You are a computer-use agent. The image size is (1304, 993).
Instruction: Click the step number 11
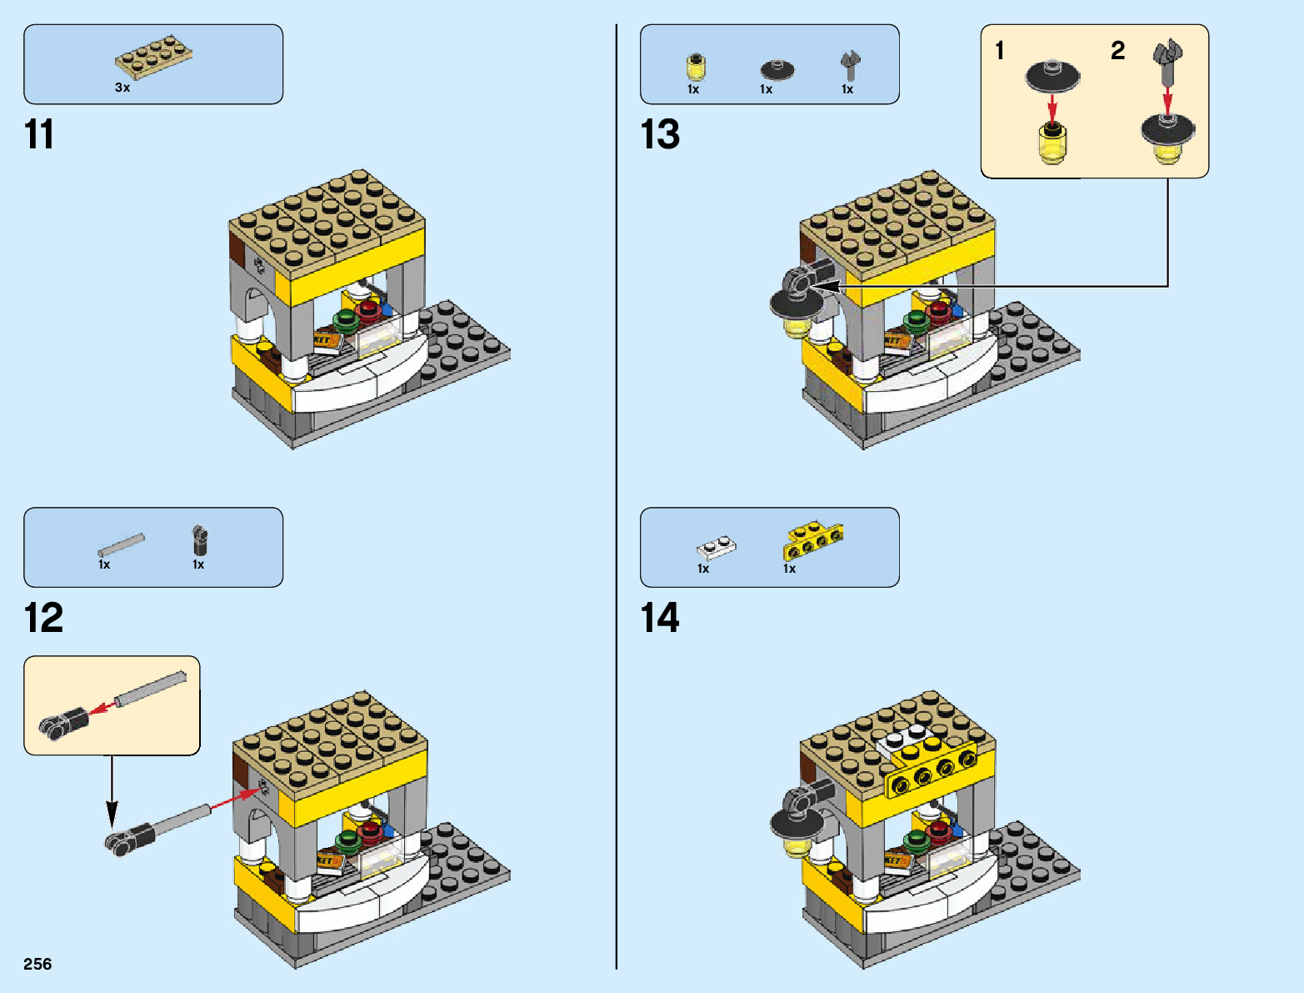39,135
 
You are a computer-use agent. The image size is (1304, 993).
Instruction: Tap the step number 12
43,619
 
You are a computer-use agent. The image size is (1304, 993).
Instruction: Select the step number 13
660,135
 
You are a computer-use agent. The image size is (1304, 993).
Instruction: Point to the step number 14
660,619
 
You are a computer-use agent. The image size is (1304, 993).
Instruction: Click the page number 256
37,965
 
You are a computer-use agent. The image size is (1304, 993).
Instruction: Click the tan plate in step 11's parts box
153,56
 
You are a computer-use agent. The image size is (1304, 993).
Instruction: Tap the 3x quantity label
122,88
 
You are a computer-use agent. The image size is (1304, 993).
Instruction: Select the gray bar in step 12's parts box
121,544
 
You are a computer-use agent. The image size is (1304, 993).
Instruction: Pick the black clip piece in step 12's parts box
199,540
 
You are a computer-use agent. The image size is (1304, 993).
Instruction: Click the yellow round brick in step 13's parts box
696,67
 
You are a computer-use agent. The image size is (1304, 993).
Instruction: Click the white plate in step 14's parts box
716,548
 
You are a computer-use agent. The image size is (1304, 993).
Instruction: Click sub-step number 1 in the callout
1000,51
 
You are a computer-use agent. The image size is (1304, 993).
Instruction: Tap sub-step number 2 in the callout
1117,51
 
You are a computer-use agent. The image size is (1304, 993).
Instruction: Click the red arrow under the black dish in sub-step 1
1052,107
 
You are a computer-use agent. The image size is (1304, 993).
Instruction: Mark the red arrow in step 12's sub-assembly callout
102,708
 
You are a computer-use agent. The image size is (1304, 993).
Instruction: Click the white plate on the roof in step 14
904,739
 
